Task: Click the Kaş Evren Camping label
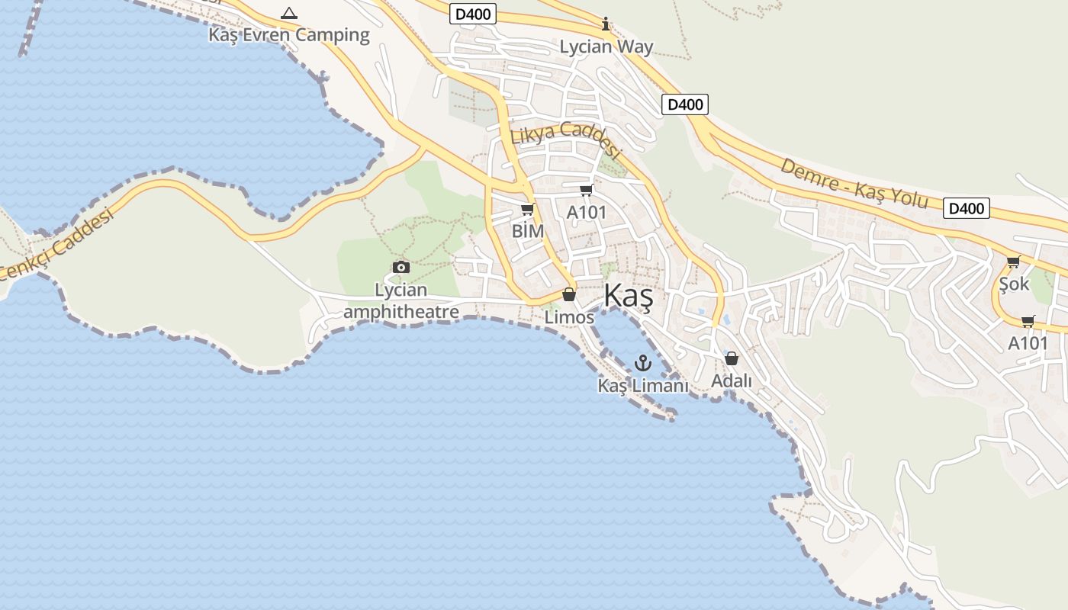pos(289,35)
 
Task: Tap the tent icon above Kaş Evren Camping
pos(288,13)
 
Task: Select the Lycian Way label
pos(606,47)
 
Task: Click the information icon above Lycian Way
pos(606,24)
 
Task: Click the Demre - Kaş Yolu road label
pos(854,184)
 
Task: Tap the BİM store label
pos(528,230)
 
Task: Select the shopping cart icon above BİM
pos(527,209)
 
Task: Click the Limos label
pos(569,316)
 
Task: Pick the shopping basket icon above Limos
pos(569,294)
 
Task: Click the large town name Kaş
pos(629,297)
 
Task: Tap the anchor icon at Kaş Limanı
pos(642,362)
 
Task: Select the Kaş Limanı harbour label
pos(642,386)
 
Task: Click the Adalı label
pos(732,380)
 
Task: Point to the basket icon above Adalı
pos(732,358)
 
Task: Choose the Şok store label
pos(1014,284)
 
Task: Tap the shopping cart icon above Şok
pos(1013,262)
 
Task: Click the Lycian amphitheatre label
pos(401,300)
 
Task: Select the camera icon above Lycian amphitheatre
pos(400,267)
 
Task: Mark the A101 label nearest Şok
pos(1028,343)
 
